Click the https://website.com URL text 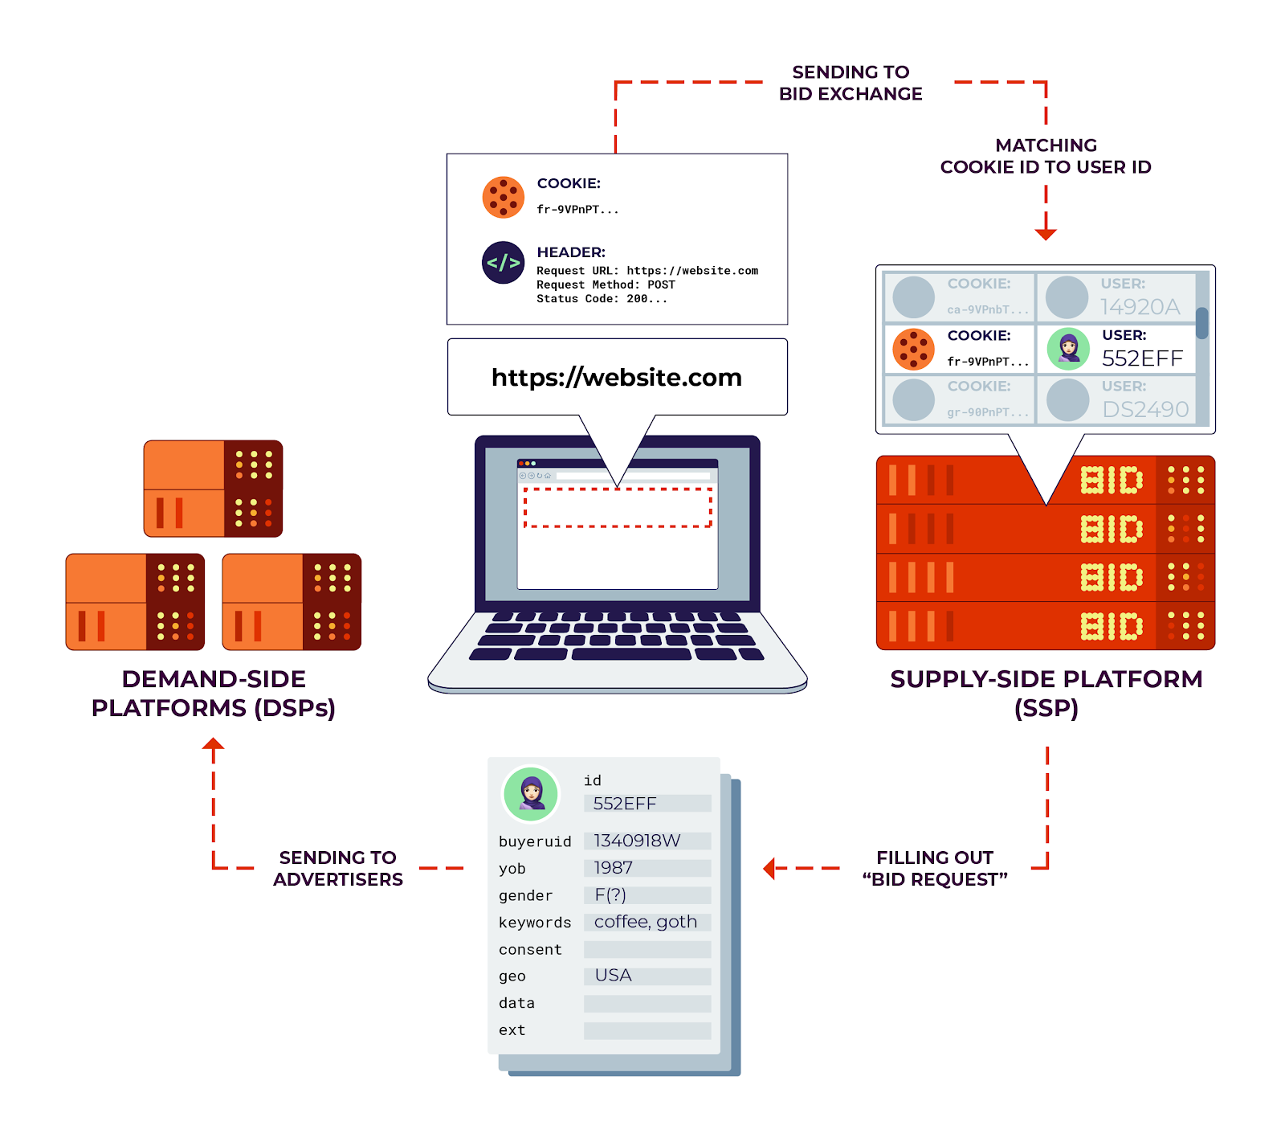click(616, 377)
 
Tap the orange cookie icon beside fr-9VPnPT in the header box click(503, 197)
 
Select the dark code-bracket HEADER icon click(503, 263)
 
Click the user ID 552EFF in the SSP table click(1141, 358)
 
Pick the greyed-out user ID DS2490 click(1144, 410)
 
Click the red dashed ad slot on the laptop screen click(617, 507)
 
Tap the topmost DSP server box click(213, 488)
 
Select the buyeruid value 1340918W click(637, 841)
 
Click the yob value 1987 click(613, 868)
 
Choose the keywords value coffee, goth click(645, 922)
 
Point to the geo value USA click(613, 976)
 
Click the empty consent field click(647, 949)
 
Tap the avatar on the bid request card click(531, 793)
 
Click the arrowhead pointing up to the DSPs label click(213, 744)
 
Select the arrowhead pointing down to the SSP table click(1045, 234)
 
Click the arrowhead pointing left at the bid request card click(769, 868)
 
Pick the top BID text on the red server click(1111, 481)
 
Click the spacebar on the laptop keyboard click(630, 654)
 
